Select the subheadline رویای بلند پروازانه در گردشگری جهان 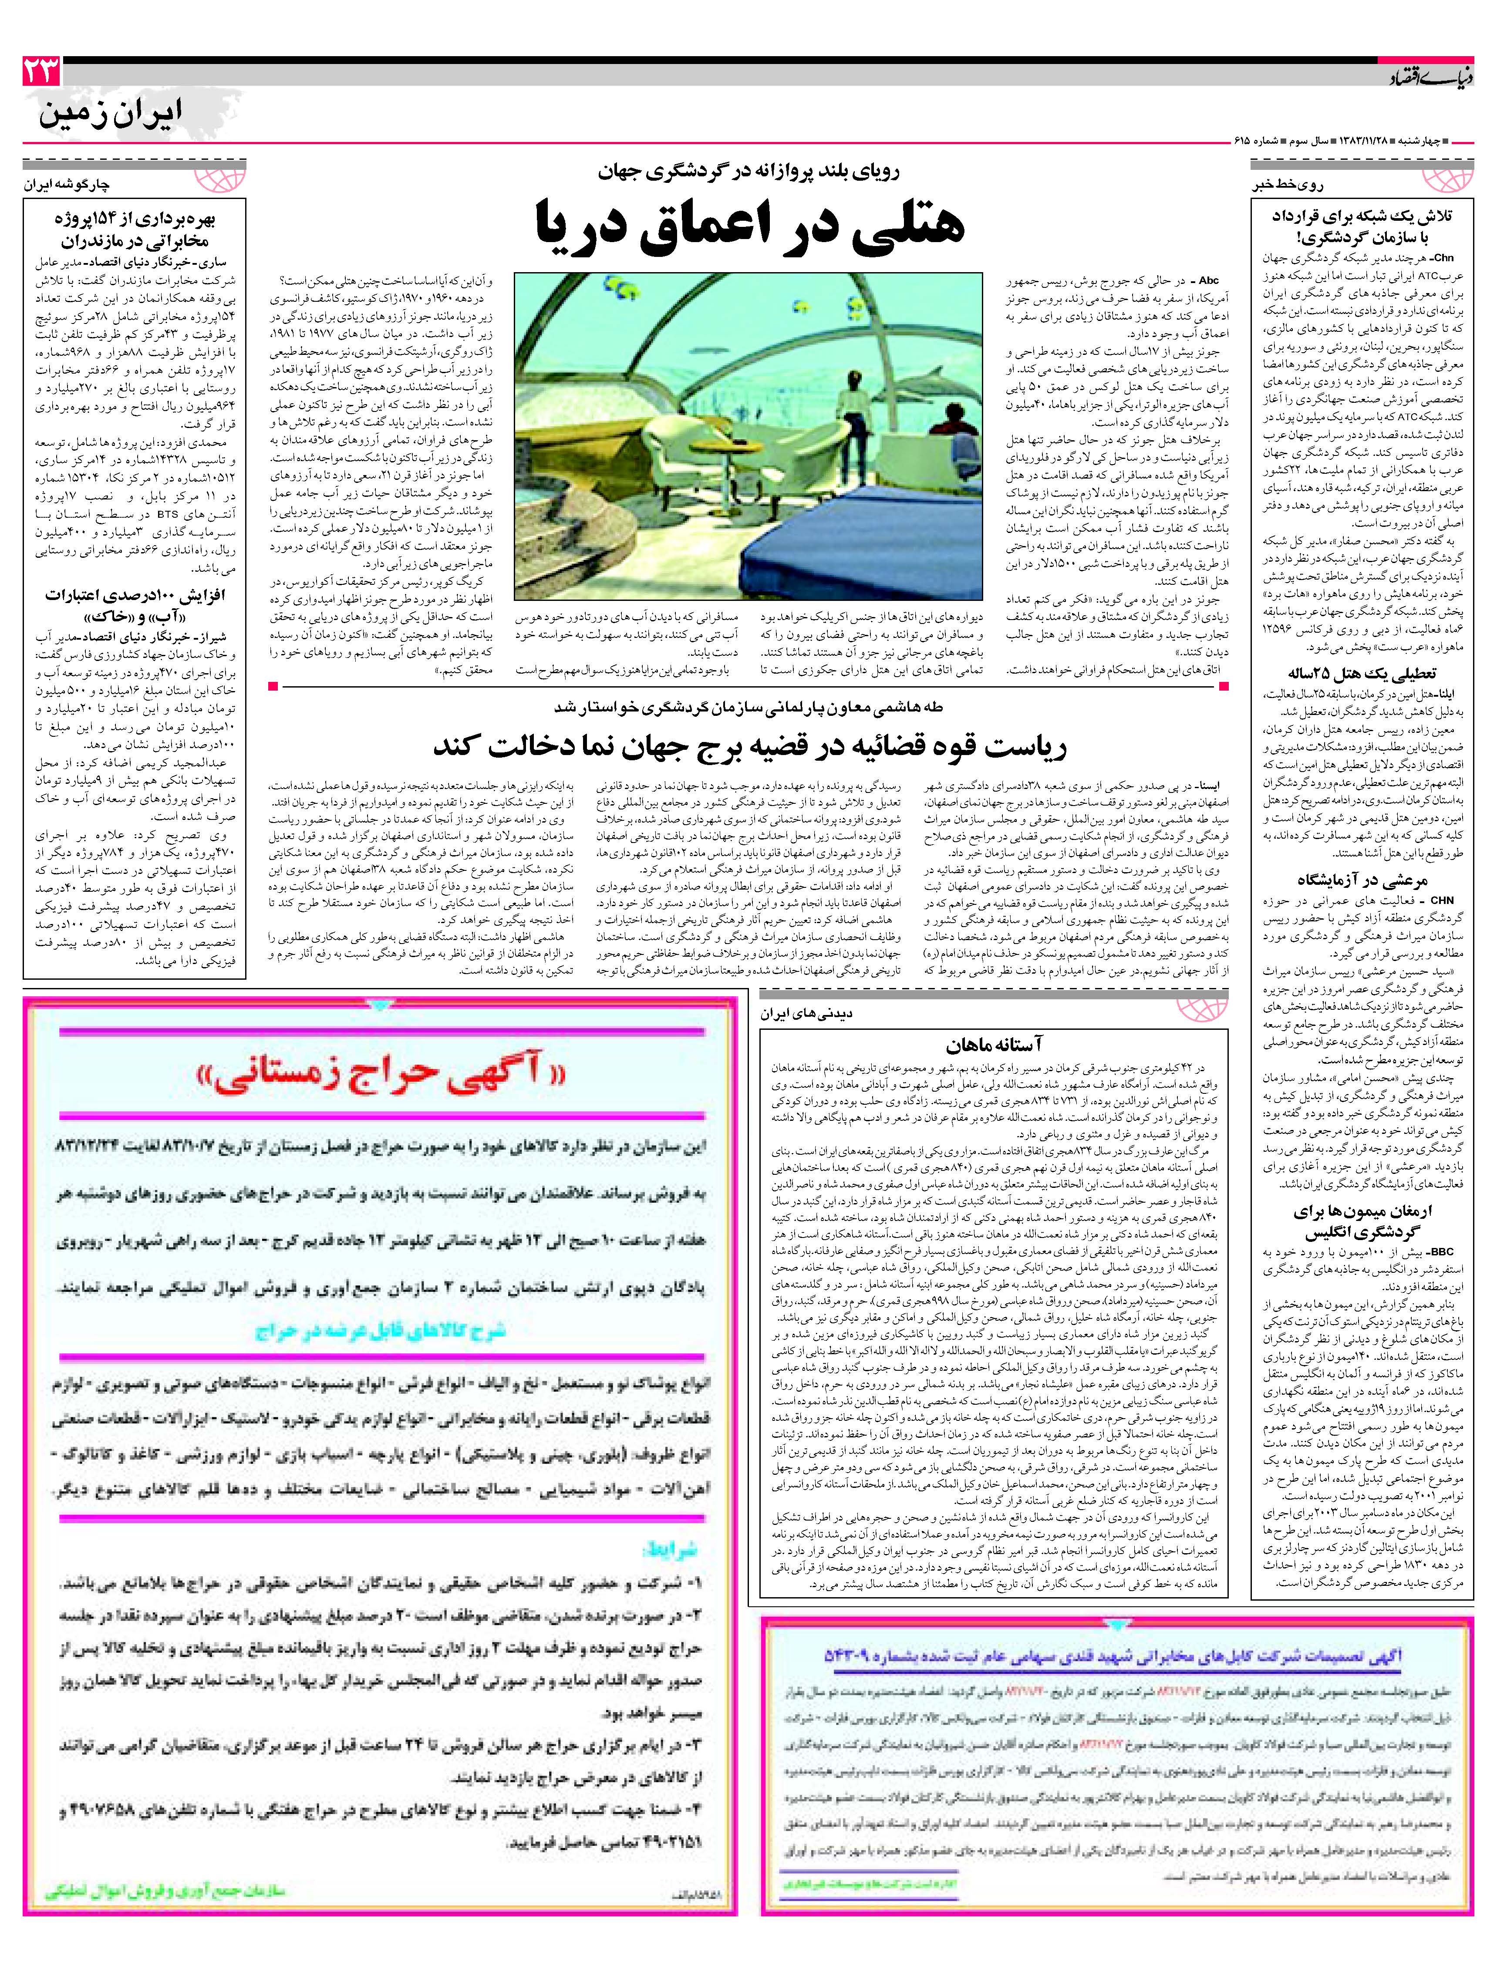point(750,172)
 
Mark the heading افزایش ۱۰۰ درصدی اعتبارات point(134,605)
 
